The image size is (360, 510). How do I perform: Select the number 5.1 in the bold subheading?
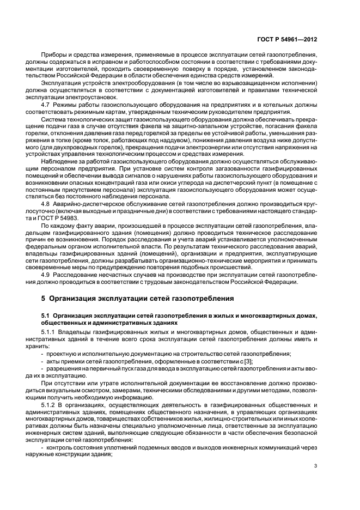click(x=46, y=315)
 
